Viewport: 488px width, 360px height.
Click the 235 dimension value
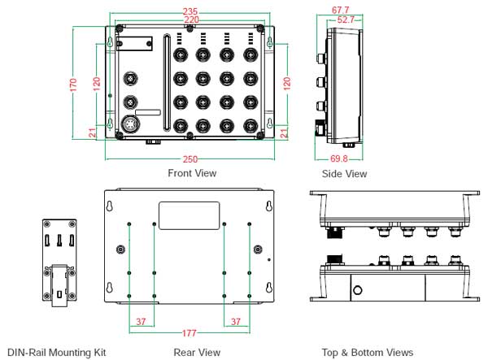click(192, 11)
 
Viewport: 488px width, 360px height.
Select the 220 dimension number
click(192, 20)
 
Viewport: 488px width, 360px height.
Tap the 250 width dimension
click(192, 159)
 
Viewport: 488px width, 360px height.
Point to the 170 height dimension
click(73, 83)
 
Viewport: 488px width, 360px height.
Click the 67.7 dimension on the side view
click(342, 11)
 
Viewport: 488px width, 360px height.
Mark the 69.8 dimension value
click(341, 159)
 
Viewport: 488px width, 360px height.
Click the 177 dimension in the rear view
click(190, 332)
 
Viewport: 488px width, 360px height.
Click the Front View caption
click(192, 173)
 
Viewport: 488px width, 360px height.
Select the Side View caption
click(344, 174)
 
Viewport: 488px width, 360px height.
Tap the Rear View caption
click(197, 353)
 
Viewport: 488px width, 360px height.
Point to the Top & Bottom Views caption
click(368, 353)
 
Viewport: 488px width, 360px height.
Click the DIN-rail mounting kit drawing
click(60, 262)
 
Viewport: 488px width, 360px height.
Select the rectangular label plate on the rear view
click(189, 215)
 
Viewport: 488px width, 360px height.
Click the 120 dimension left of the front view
click(96, 83)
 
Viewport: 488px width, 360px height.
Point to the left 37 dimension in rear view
click(141, 322)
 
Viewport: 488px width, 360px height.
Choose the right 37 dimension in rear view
click(236, 322)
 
